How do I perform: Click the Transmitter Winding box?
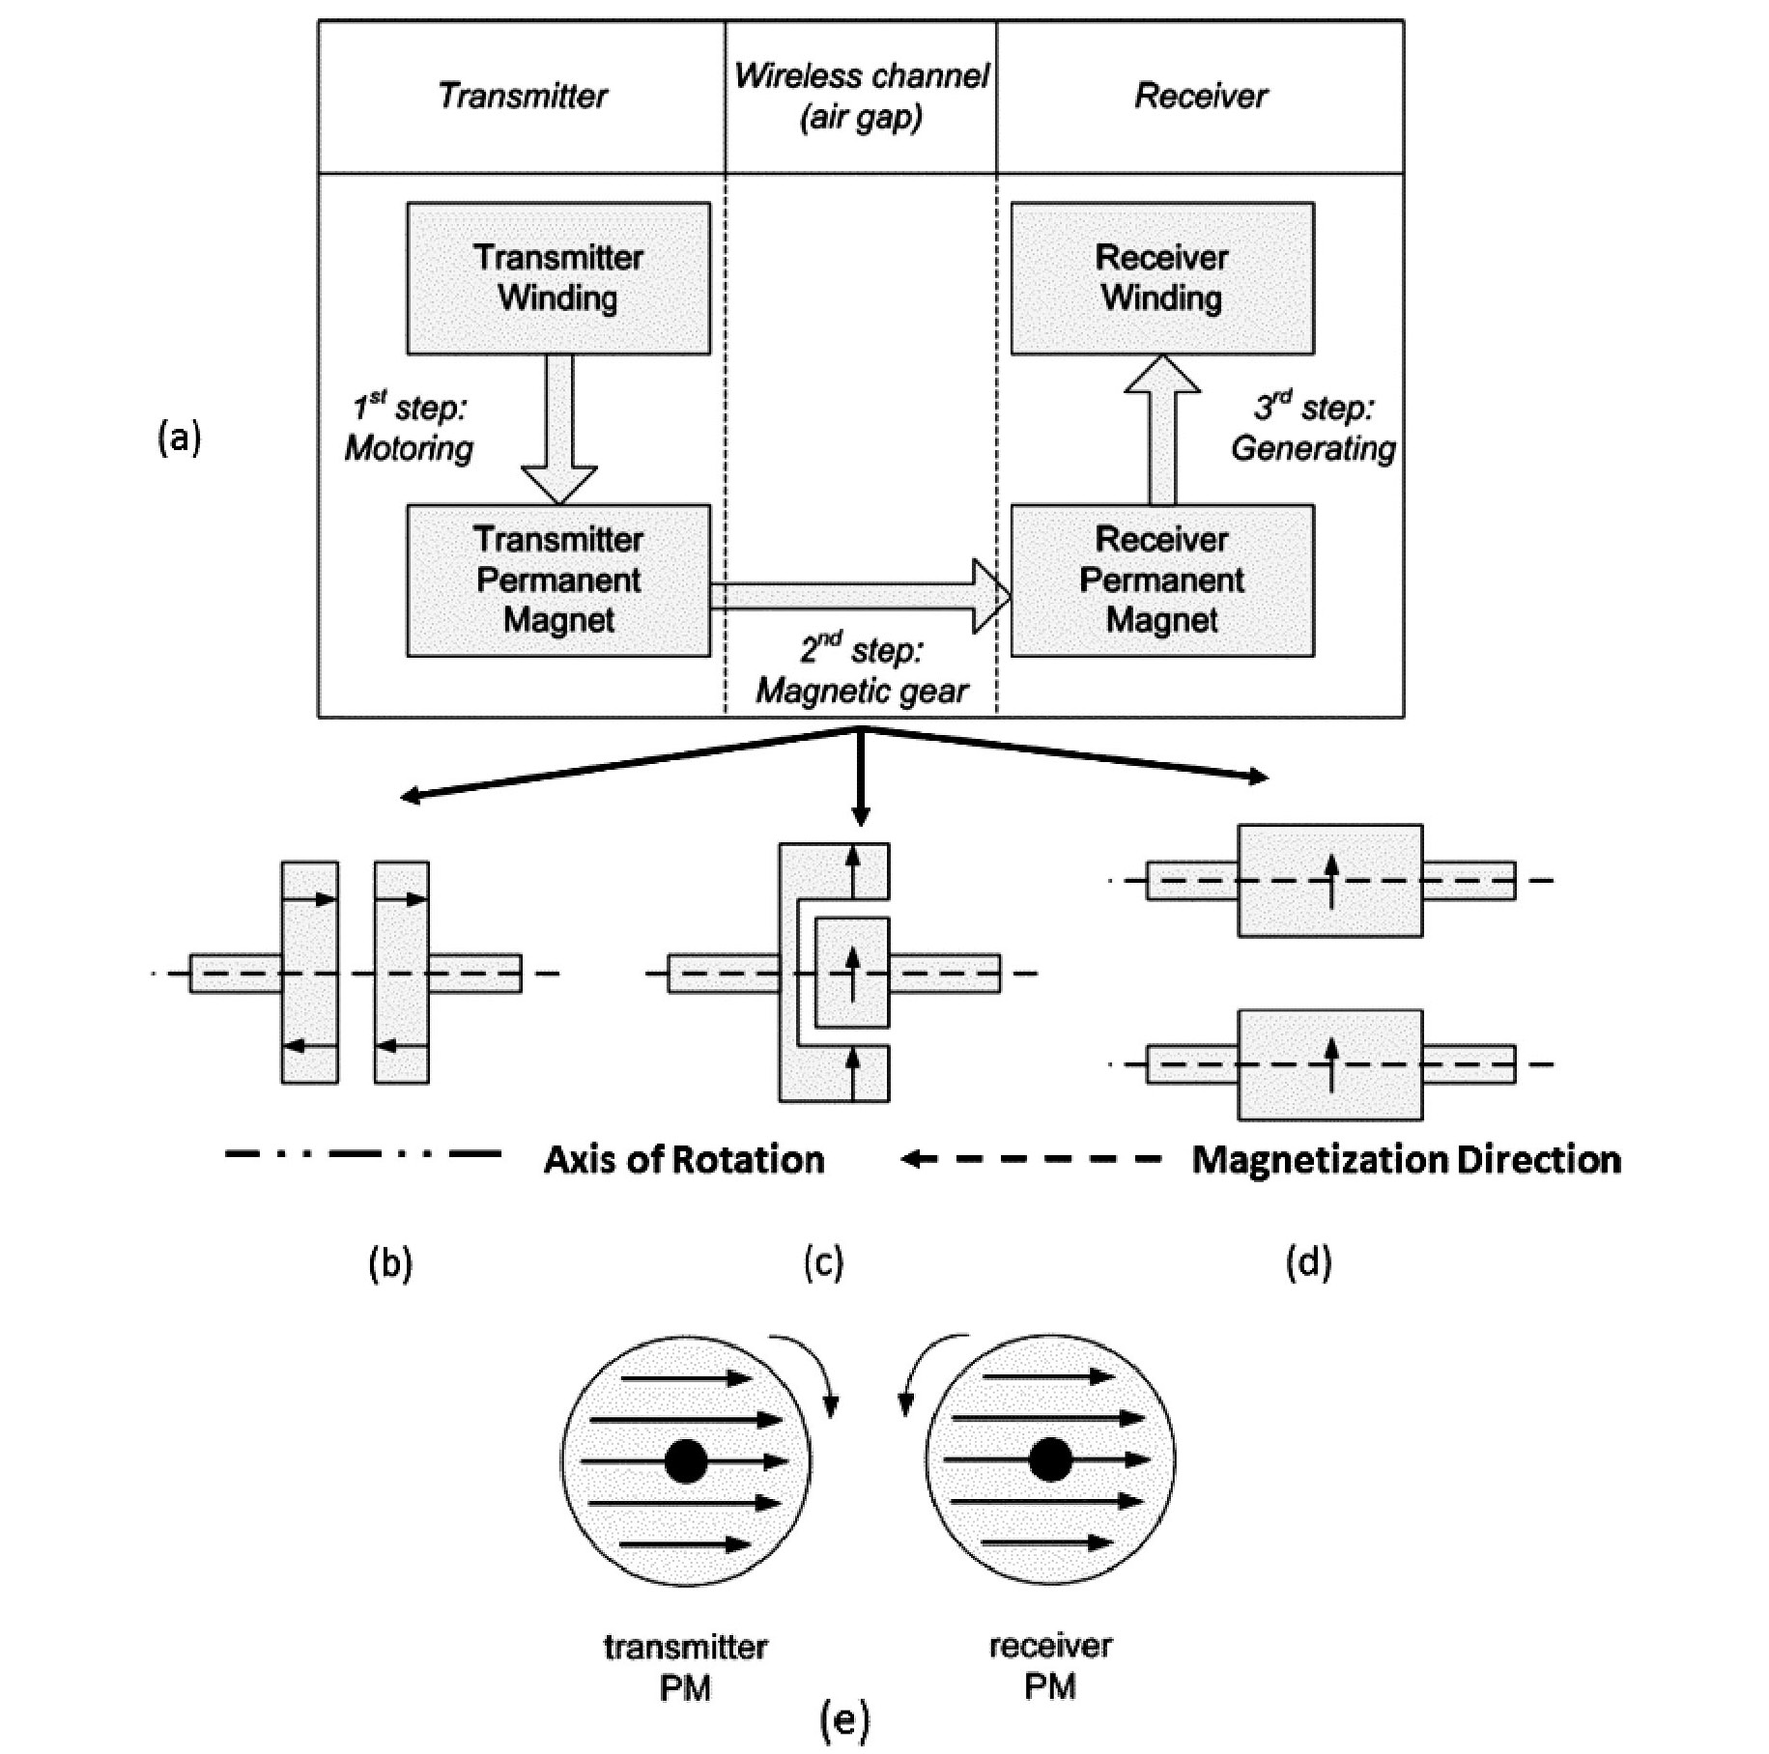click(x=557, y=277)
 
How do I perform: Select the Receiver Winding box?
click(x=1161, y=277)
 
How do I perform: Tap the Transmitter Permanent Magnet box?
click(x=557, y=580)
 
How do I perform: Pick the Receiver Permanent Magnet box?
click(x=1161, y=580)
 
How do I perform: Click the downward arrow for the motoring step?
click(x=558, y=430)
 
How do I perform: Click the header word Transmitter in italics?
click(x=522, y=96)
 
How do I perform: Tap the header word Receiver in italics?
click(x=1200, y=96)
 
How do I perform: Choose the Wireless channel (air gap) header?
click(x=861, y=96)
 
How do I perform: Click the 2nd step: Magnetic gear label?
click(x=861, y=671)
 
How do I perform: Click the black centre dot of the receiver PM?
click(x=1050, y=1459)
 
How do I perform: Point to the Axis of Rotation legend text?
click(x=684, y=1159)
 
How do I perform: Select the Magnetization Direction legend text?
click(x=1406, y=1159)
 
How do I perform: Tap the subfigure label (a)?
click(x=180, y=438)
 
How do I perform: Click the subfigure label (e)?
click(x=844, y=1719)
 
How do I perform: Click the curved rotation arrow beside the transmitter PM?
click(x=810, y=1372)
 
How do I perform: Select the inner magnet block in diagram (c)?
click(x=851, y=973)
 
